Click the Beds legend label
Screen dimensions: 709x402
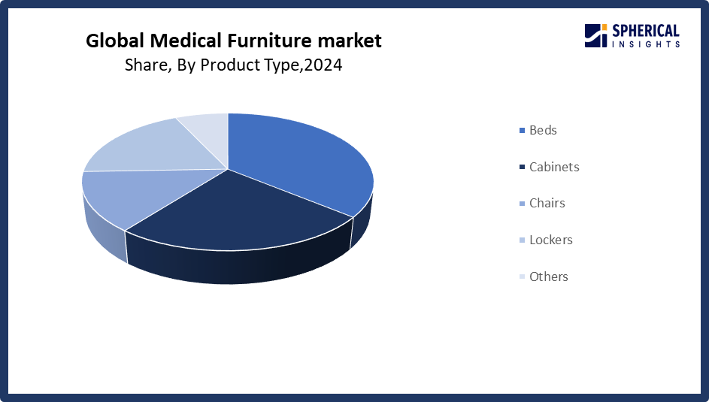[x=543, y=130]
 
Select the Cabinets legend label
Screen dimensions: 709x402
[x=554, y=167]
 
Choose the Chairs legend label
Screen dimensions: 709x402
[x=547, y=204]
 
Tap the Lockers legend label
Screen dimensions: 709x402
[x=551, y=240]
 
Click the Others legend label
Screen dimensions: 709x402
[x=549, y=277]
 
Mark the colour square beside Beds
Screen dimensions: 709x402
[x=523, y=131]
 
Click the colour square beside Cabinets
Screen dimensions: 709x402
[x=523, y=167]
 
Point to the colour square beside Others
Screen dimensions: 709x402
[x=523, y=277]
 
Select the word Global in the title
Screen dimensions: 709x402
[x=115, y=41]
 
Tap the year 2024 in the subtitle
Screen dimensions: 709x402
[x=323, y=65]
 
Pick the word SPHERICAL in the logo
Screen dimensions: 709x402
[x=646, y=31]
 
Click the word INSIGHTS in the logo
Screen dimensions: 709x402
[x=646, y=44]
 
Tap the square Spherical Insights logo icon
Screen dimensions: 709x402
[x=596, y=35]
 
